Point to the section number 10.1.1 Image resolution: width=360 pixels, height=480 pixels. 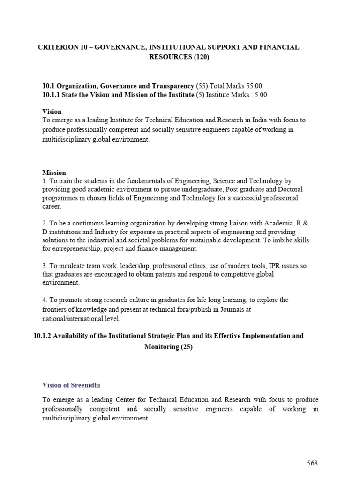(x=53, y=95)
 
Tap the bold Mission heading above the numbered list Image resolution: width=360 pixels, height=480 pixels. (x=54, y=172)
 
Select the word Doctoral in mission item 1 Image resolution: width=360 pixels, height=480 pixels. (x=290, y=189)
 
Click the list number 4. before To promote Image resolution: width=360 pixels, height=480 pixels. (x=45, y=300)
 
